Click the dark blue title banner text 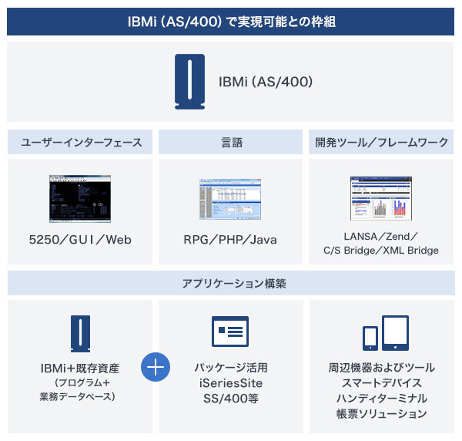tap(231, 21)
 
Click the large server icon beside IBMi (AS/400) tap(189, 81)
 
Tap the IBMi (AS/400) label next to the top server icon tap(266, 82)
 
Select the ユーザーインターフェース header tap(82, 142)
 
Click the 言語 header tap(231, 142)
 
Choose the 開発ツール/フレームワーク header tap(381, 142)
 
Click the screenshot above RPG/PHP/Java tap(230, 199)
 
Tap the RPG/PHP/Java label tap(230, 240)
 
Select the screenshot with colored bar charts tap(381, 198)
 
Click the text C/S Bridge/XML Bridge tap(381, 250)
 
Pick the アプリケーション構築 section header tap(231, 283)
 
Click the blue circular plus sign tap(156, 367)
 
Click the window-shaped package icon tap(230, 332)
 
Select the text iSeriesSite tap(230, 382)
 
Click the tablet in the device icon tap(394, 331)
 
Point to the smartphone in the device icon tap(370, 337)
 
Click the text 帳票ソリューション tap(381, 414)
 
